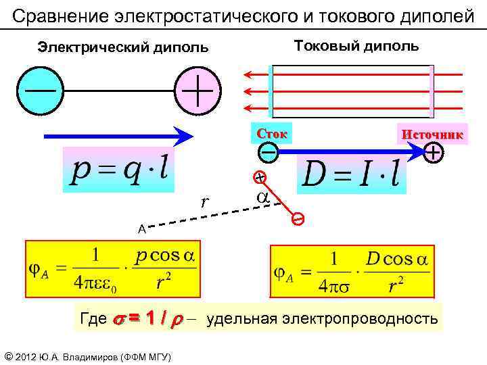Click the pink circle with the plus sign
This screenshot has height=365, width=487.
coord(198,91)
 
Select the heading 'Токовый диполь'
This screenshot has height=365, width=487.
coord(356,46)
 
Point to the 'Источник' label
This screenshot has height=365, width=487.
coord(432,135)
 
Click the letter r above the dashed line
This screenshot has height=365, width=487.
coord(204,201)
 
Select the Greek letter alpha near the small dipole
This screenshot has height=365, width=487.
coord(262,198)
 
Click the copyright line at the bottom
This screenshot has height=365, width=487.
coord(87,356)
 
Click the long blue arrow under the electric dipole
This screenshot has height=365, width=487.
coord(118,137)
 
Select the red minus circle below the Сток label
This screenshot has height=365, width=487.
coord(269,153)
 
